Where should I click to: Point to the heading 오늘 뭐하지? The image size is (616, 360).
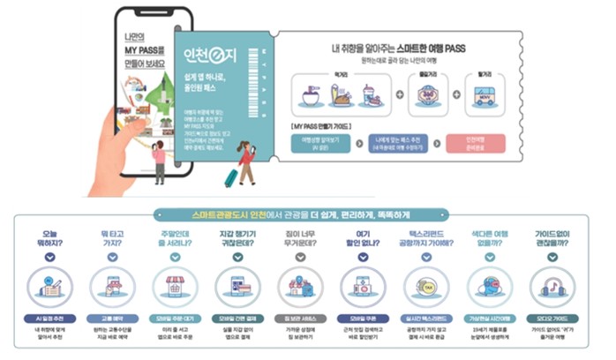point(49,238)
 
